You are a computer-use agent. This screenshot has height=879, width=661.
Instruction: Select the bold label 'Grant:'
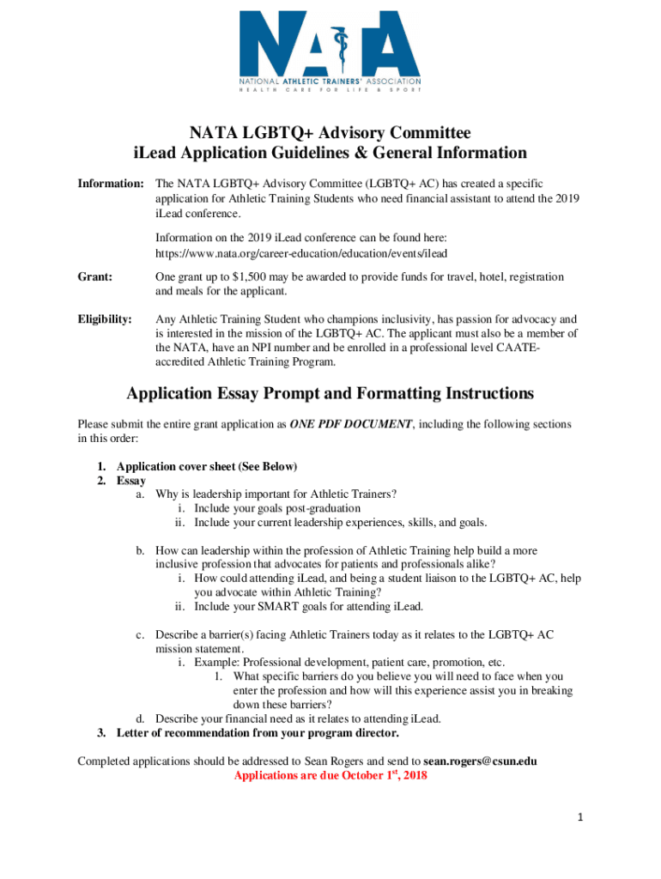coord(96,277)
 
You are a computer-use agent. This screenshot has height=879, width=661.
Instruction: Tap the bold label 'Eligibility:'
coord(106,319)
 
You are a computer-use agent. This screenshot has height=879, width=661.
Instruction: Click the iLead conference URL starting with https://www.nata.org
coord(301,253)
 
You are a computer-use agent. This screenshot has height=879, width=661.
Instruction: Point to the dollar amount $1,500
coord(252,277)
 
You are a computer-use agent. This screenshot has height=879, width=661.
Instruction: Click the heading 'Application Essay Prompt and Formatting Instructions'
coord(330,394)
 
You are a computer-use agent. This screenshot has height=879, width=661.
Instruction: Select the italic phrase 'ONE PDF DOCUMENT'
coord(351,424)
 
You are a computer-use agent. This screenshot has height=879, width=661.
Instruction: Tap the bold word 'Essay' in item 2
coord(131,481)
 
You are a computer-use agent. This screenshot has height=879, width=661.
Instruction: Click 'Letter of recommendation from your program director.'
coord(258,733)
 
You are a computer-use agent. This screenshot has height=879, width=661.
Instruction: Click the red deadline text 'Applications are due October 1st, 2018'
coord(330,775)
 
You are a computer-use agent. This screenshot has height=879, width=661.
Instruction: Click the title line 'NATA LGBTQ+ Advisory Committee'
coord(330,132)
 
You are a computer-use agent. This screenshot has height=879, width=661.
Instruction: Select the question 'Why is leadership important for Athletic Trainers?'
coord(276,494)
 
